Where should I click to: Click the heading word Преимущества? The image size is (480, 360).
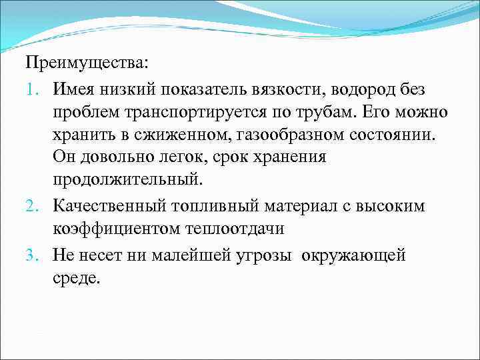[88, 65]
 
